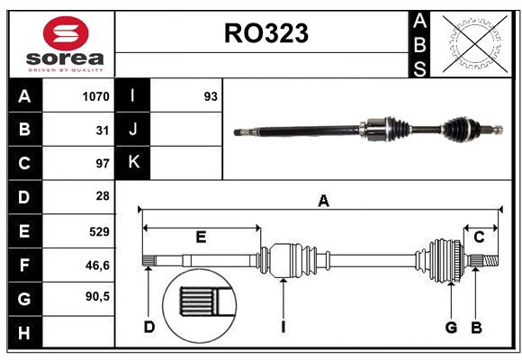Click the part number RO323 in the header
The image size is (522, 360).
pyautogui.click(x=265, y=33)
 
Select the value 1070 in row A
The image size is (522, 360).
pyautogui.click(x=94, y=96)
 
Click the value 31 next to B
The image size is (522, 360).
pyautogui.click(x=102, y=130)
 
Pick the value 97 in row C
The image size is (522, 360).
pyautogui.click(x=102, y=163)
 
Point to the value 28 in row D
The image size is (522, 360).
pyautogui.click(x=102, y=196)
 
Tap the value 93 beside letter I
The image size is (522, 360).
pyautogui.click(x=211, y=96)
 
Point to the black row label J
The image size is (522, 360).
pyautogui.click(x=133, y=130)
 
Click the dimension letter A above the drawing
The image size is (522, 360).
pyautogui.click(x=323, y=202)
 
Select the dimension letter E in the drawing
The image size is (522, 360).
pyautogui.click(x=201, y=237)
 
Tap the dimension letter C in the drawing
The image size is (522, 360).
pyautogui.click(x=479, y=237)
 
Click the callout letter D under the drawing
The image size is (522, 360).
pyautogui.click(x=149, y=327)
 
